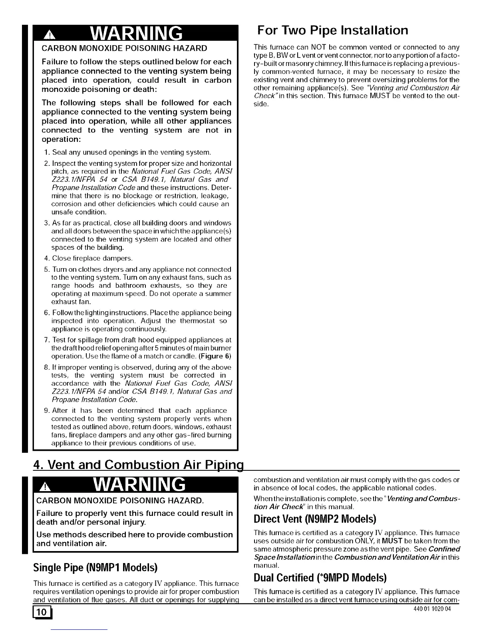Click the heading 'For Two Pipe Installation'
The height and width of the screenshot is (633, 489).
332,31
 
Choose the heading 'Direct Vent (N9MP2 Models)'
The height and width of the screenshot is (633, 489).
315,519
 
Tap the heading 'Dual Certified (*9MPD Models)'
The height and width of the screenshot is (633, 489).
320,578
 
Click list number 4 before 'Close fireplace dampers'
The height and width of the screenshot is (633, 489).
46,258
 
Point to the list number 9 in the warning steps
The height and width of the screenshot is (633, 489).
46,410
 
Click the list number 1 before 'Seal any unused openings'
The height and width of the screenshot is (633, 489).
46,152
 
